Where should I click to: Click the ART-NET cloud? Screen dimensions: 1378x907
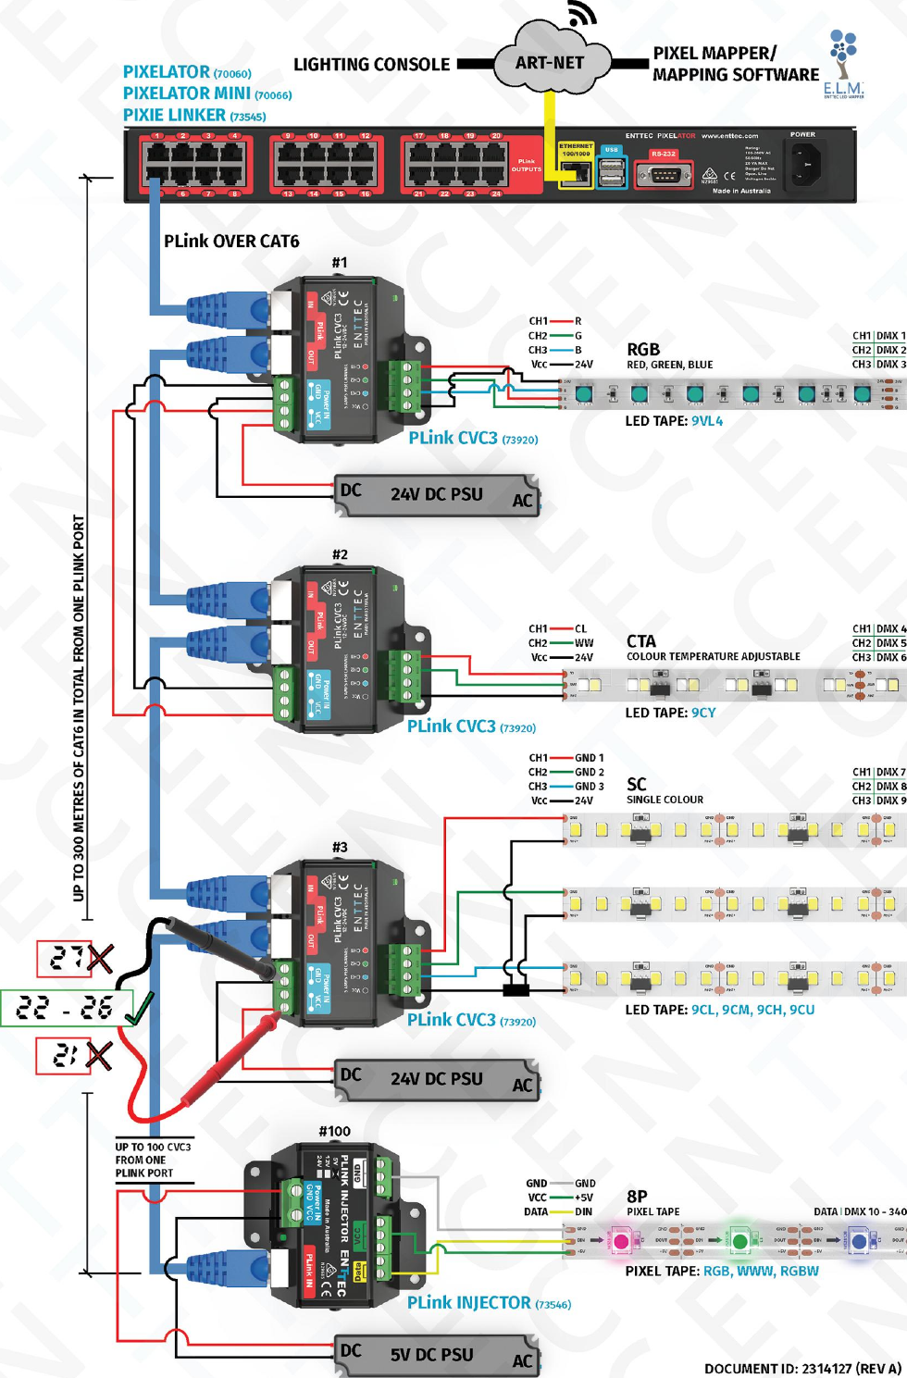tap(551, 63)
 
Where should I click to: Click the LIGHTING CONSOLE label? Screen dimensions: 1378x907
tap(371, 65)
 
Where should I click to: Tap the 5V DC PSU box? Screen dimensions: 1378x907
tap(435, 1355)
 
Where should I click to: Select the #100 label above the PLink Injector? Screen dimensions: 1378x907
tap(334, 1131)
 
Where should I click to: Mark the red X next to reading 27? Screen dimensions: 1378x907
tap(99, 959)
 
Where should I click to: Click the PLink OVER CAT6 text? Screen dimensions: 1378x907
tap(231, 242)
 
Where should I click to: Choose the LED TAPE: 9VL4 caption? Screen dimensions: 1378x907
tap(674, 421)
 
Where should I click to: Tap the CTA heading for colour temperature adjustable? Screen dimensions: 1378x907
tap(641, 641)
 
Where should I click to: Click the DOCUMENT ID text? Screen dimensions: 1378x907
tap(801, 1368)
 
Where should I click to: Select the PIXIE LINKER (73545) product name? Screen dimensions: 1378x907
tap(194, 116)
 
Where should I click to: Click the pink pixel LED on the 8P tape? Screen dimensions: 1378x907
tap(621, 1241)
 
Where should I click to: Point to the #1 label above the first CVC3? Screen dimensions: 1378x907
tap(340, 263)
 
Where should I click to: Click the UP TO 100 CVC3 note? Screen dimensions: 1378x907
tap(153, 1160)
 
